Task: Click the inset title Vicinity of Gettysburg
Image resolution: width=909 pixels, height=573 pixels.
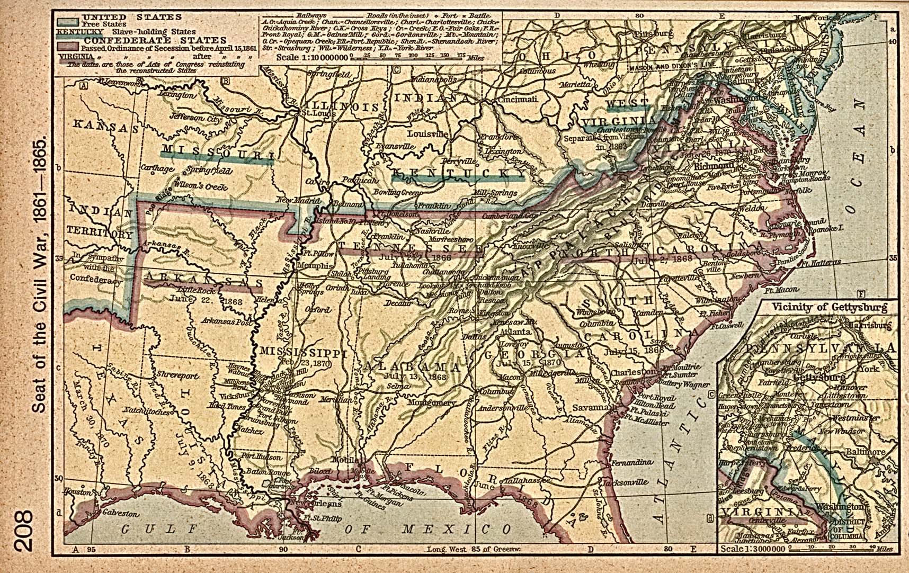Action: click(829, 307)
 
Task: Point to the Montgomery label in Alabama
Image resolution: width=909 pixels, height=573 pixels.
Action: click(431, 402)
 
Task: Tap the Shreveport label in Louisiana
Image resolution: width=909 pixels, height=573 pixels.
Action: click(177, 375)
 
